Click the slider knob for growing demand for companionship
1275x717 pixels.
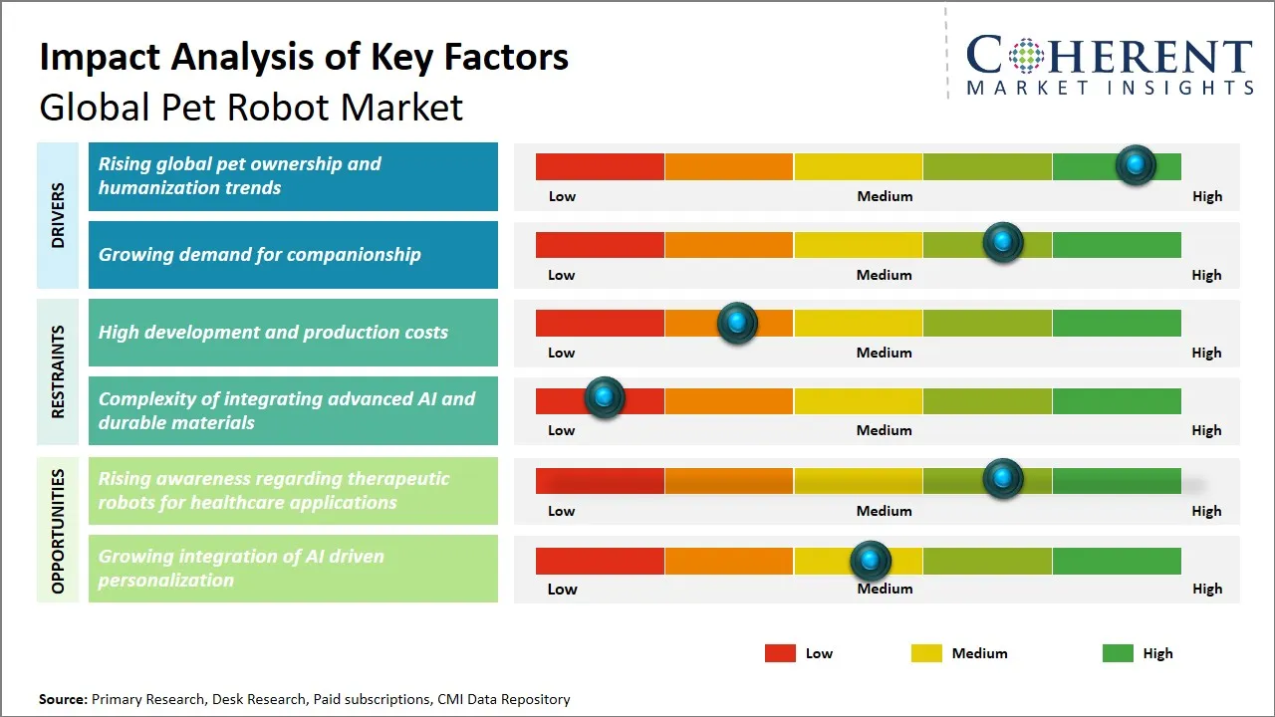(1003, 243)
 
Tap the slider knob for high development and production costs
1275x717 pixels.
(737, 323)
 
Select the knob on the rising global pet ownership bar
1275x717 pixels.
(1136, 165)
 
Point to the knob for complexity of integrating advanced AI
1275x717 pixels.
(604, 397)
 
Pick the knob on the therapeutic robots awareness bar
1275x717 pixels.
(1003, 479)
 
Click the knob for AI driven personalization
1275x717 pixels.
(871, 561)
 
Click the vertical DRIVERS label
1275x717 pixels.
(58, 215)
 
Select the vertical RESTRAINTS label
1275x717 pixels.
(58, 370)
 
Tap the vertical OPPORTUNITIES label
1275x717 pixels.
(58, 531)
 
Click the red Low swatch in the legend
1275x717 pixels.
(780, 653)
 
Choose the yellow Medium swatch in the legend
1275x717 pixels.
(926, 653)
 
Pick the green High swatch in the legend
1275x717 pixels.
(1118, 653)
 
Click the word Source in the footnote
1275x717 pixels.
(63, 699)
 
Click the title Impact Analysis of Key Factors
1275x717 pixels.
(304, 57)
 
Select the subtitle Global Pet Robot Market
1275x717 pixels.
(251, 107)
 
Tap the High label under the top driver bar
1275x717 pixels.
(1207, 196)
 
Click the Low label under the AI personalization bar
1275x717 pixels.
(562, 589)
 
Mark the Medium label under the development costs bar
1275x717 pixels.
(885, 353)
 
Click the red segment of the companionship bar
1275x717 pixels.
(600, 245)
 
